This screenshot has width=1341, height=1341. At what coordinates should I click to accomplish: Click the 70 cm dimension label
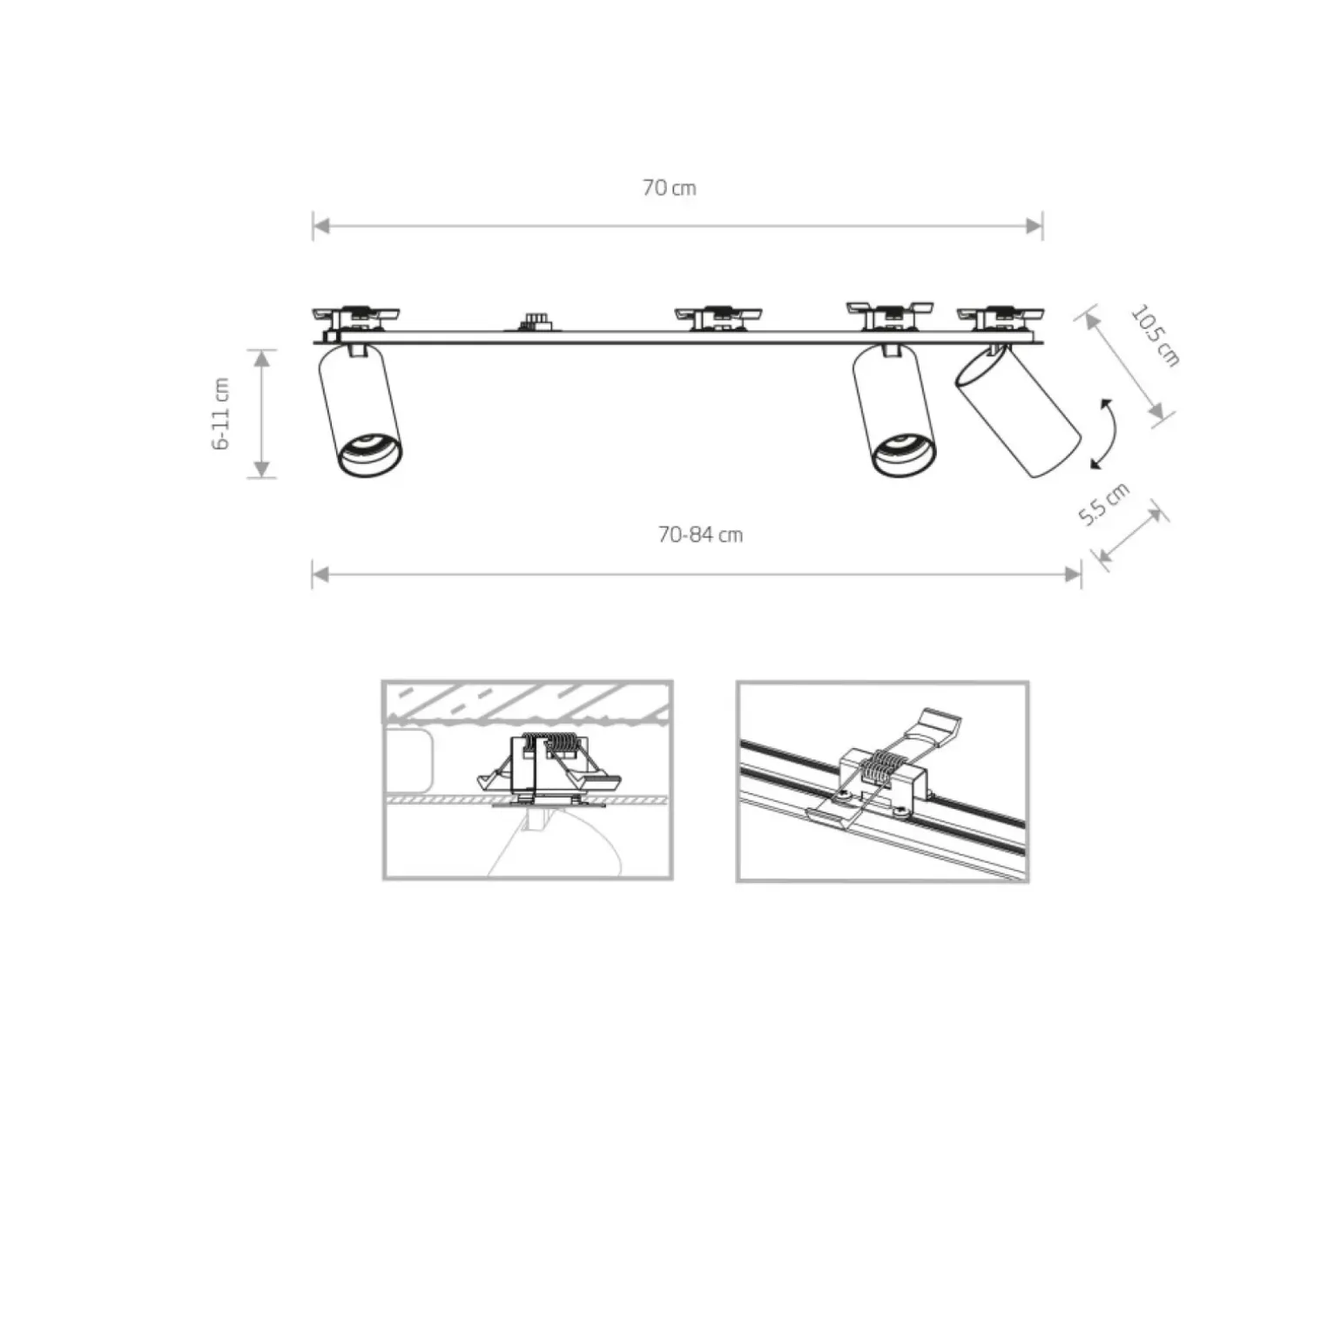[669, 187]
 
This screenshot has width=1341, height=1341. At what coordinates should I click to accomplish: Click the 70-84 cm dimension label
[700, 535]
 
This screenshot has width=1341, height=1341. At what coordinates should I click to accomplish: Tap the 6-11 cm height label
[222, 414]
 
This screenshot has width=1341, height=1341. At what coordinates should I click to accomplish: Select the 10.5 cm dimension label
[1155, 335]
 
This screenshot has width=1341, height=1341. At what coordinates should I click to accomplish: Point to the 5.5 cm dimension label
[1104, 504]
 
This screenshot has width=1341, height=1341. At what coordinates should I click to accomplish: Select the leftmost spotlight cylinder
[360, 409]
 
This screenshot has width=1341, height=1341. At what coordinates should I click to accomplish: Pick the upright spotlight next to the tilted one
[894, 409]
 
